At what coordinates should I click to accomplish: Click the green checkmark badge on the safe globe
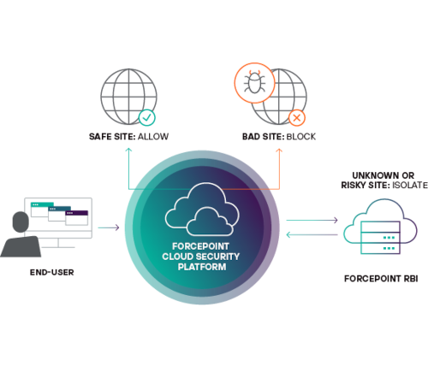coord(147,117)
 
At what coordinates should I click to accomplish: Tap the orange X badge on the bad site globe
coord(297,118)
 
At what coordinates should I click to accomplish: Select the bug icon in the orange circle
coord(254,82)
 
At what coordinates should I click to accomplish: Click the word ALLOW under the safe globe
coord(153,137)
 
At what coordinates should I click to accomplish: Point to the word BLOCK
coord(301,137)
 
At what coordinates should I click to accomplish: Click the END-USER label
coord(52,272)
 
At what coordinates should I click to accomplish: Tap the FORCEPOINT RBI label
coord(381,279)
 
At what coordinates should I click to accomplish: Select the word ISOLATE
coord(410,185)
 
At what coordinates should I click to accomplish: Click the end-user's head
coord(21,222)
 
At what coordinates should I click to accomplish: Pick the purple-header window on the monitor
coord(77,218)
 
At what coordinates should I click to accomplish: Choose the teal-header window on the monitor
coord(42,210)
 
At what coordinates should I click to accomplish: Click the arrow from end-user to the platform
coord(109,227)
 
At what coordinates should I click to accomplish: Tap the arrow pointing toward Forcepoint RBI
coord(312,220)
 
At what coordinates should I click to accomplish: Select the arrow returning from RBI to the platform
coord(312,234)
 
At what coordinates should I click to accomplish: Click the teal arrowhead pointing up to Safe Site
coord(129,150)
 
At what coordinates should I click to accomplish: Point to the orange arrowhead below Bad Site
coord(279,151)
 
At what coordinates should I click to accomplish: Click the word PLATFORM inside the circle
coord(202,267)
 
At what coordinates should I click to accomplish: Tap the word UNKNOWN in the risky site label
coord(368,175)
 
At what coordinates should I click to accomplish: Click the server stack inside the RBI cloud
coord(381,238)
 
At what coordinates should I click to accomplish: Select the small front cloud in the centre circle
coord(210,222)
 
